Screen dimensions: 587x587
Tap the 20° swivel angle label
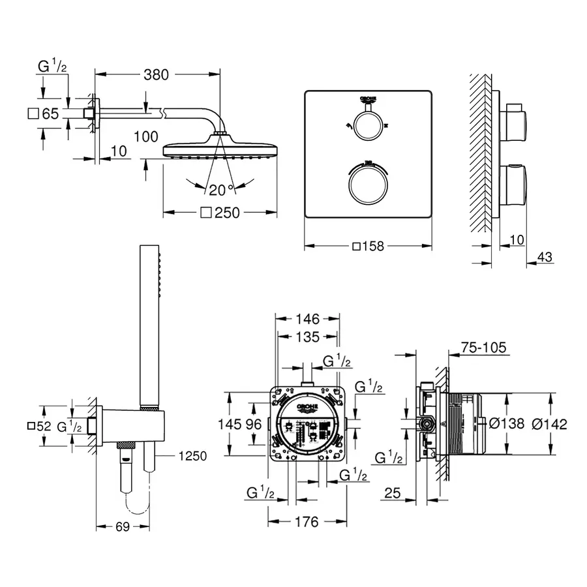point(221,190)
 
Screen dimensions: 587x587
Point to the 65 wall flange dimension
point(50,113)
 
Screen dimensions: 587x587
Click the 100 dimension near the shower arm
point(145,136)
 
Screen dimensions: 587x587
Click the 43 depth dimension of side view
point(545,258)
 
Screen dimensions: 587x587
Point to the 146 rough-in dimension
point(307,319)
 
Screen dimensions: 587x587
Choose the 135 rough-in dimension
point(307,337)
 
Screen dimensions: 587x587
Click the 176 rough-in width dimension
point(307,522)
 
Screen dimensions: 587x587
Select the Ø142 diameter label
point(549,424)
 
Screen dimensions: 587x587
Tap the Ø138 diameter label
point(507,424)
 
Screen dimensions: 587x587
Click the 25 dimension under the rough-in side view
point(391,494)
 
